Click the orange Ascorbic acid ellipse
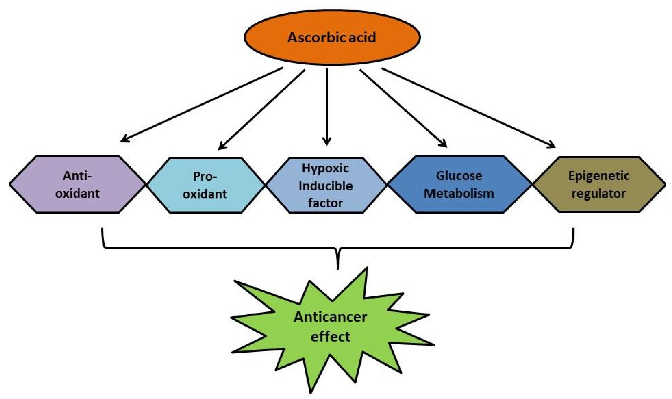coord(332,38)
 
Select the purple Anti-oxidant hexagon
coord(78,184)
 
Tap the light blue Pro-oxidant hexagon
coord(205,185)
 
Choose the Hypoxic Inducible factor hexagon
coord(326,185)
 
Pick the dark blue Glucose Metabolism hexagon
coord(459,184)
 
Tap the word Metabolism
coord(459,194)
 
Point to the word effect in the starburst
coord(330,337)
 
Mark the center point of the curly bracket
coord(338,258)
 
